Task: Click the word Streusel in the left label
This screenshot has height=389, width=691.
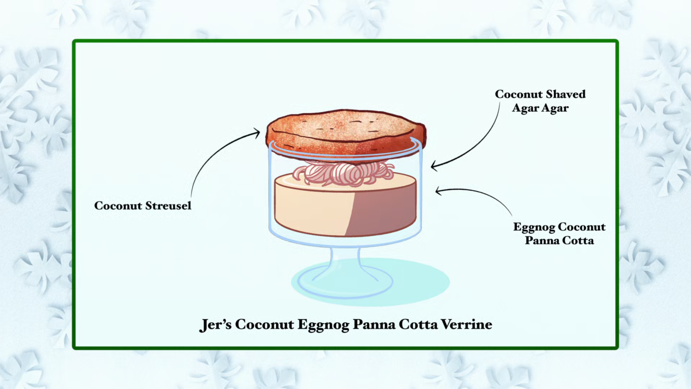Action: tap(168, 206)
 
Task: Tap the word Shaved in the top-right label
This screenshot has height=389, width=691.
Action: tap(565, 94)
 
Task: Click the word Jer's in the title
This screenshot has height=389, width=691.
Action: tap(215, 325)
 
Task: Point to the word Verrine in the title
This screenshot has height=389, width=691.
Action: tap(466, 325)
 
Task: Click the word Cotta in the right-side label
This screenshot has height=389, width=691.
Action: tap(578, 241)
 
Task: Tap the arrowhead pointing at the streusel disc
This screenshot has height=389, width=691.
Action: tap(257, 133)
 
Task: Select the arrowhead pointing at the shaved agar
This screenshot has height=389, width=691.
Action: tap(434, 166)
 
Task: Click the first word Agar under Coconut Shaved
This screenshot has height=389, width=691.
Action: tap(525, 108)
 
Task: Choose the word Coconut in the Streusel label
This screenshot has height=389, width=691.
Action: tap(118, 206)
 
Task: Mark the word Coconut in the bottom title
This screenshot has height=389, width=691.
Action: tap(264, 325)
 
